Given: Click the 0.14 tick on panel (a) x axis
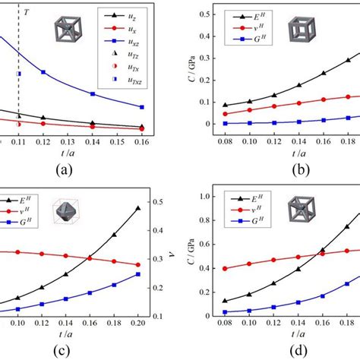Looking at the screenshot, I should pyautogui.click(x=93, y=141).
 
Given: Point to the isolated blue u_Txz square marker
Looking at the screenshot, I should pyautogui.click(x=19, y=74).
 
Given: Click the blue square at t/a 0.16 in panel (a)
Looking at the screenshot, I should pyautogui.click(x=142, y=107).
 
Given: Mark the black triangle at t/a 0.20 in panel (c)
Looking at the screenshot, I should pyautogui.click(x=137, y=208).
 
